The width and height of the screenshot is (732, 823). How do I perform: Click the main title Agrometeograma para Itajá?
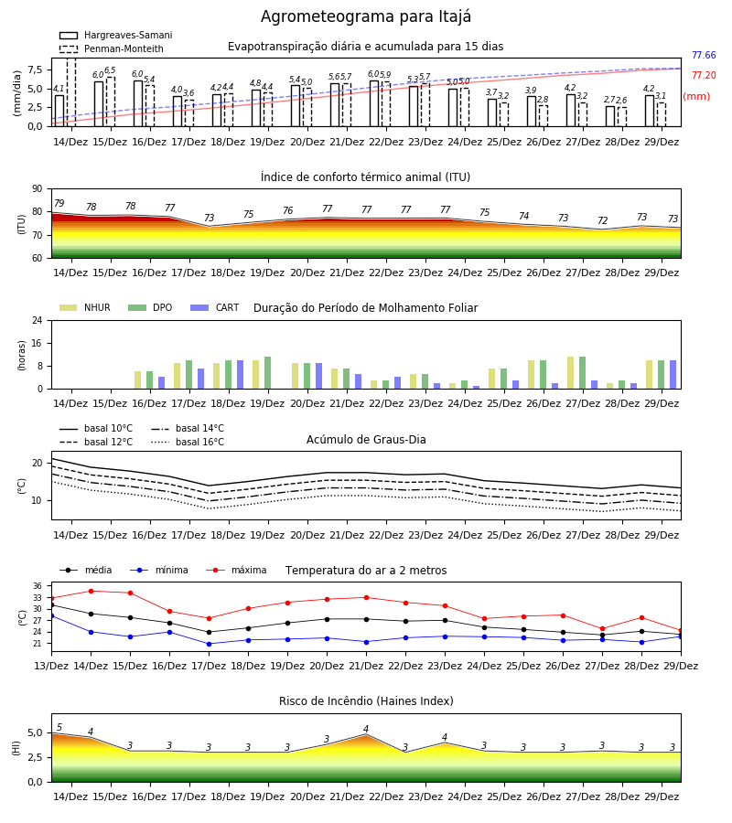pos(365,16)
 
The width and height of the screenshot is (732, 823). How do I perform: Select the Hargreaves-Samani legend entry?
pos(115,35)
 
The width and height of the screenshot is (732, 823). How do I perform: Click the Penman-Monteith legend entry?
pos(112,48)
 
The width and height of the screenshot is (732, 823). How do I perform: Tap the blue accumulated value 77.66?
pos(704,55)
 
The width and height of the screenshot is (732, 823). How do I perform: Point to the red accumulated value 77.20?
pos(704,75)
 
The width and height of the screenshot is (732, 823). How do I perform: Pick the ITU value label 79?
pos(59,203)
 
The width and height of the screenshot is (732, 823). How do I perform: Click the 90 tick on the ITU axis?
pos(38,189)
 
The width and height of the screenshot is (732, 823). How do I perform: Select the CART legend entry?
pos(215,307)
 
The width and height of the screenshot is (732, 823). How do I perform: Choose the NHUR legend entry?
pos(85,307)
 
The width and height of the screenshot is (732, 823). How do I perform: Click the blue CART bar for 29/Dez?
pos(673,375)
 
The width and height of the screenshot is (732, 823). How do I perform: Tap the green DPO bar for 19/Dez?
pos(268,373)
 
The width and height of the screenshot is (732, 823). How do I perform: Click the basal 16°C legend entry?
pos(187,442)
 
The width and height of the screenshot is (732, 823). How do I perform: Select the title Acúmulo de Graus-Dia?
pos(366,439)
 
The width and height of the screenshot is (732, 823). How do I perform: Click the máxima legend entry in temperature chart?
pos(236,570)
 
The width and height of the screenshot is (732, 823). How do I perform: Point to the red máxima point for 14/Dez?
pos(91,591)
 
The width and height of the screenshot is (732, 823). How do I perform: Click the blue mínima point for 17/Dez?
pos(209,644)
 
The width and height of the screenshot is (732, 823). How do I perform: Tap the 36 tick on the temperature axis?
pos(38,586)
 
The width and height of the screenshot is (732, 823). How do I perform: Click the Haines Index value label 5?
pos(59,728)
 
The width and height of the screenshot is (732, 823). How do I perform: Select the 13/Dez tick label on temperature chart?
pos(51,666)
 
